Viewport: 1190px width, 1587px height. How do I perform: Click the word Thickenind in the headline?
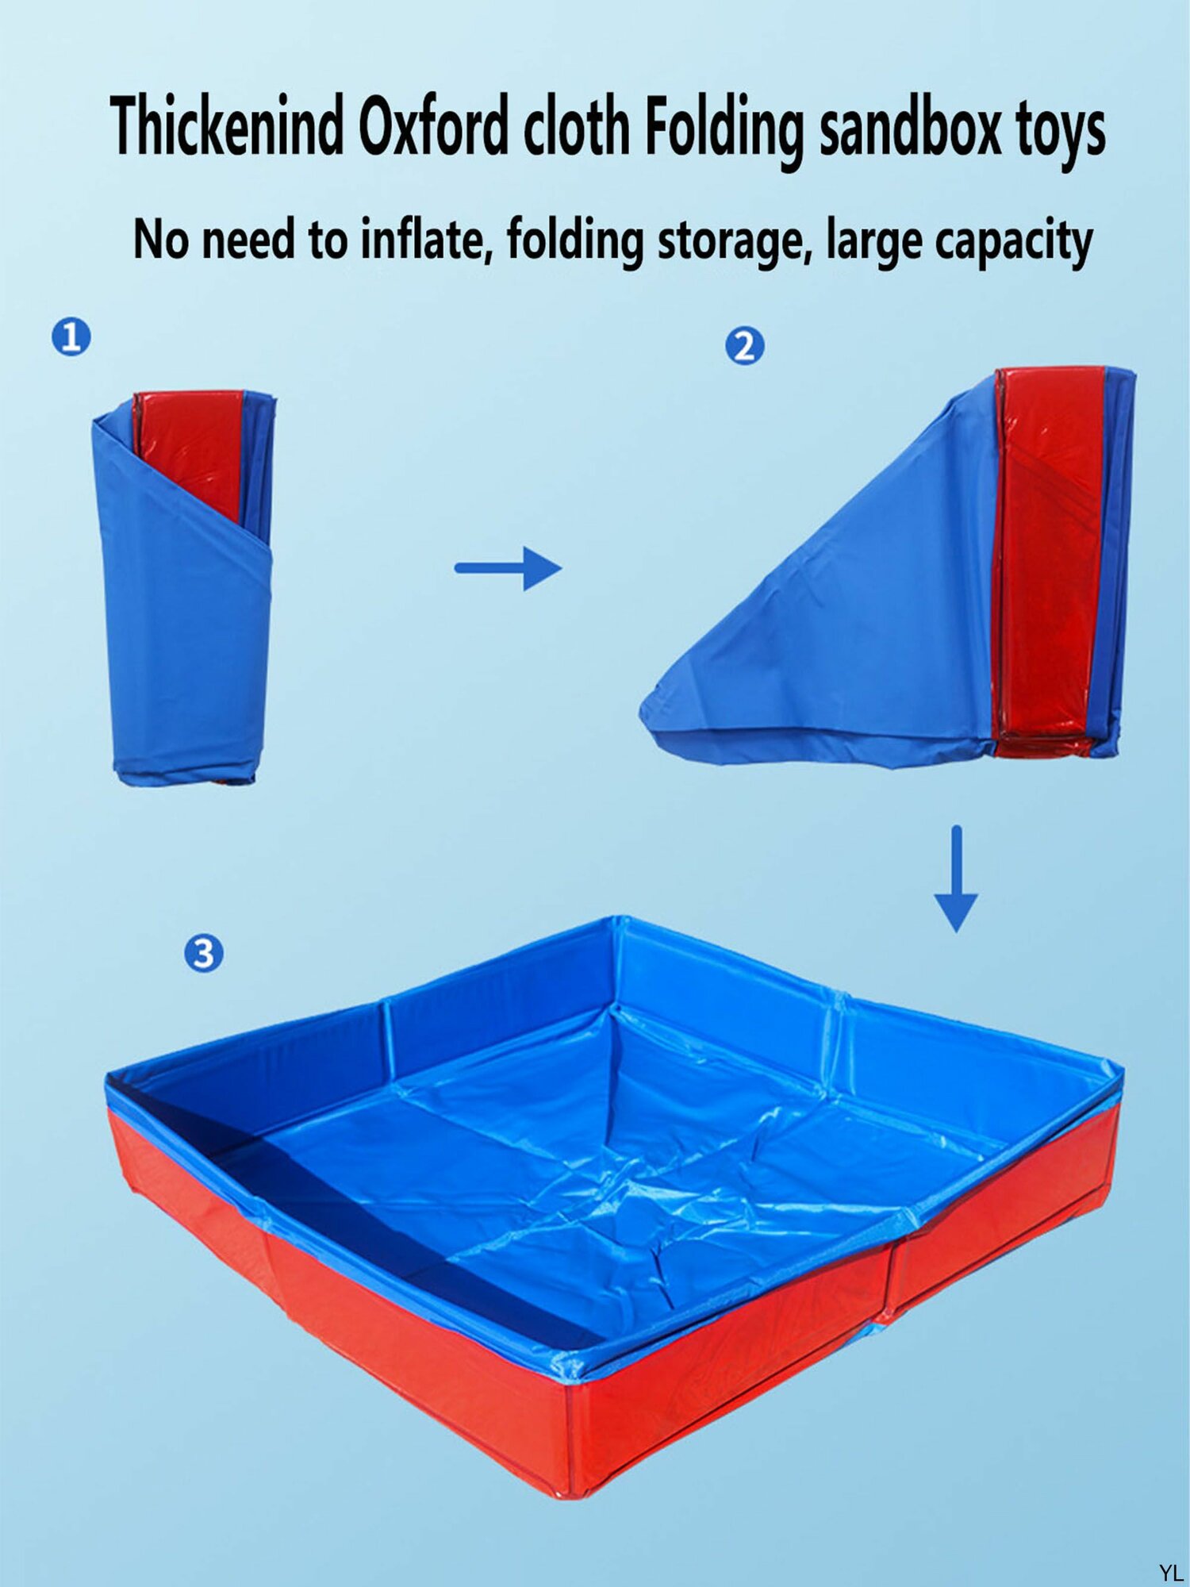click(x=227, y=126)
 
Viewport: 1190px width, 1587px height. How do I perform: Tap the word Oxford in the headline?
click(x=433, y=126)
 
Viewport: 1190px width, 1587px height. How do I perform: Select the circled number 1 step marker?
click(x=71, y=336)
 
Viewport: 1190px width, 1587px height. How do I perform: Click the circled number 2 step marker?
click(x=745, y=347)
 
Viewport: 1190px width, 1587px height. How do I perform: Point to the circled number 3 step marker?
click(x=204, y=953)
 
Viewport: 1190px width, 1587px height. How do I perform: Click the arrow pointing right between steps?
click(x=508, y=568)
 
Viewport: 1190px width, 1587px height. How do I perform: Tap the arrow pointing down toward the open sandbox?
click(x=956, y=878)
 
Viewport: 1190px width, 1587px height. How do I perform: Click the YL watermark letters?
click(x=1171, y=1572)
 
